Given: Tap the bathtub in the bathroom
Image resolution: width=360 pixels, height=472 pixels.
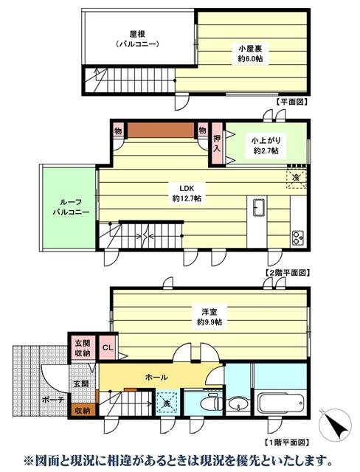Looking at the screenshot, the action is tap(280, 402).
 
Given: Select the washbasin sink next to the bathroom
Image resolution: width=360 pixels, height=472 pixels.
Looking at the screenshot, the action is tap(238, 403).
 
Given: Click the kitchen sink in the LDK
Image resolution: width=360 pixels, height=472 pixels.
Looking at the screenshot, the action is tap(259, 207).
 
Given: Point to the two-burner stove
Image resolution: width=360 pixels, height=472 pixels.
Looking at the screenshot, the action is tap(298, 237).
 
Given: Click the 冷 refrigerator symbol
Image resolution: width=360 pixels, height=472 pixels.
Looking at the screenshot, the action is tap(297, 178).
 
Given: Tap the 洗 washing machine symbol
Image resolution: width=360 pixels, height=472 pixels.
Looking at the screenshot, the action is tap(167, 403).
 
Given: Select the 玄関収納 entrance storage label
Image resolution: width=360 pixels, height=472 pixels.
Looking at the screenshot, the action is tap(83, 348).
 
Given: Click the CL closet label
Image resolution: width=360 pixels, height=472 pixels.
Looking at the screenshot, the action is tap(108, 347).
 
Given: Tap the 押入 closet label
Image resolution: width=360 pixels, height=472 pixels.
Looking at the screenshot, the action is tap(217, 143).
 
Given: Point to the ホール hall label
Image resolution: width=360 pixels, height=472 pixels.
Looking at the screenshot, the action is tap(156, 377).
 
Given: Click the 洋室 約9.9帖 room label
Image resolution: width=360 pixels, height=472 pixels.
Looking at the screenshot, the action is tap(210, 316).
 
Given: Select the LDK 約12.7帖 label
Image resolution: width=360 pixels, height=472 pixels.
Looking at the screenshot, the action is tap(187, 193).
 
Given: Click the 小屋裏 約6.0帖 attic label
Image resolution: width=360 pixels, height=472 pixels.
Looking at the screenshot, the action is tap(250, 54).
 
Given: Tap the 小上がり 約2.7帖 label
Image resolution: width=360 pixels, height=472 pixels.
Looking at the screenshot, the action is tap(266, 145).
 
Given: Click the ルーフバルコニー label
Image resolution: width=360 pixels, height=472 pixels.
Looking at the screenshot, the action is tap(71, 206).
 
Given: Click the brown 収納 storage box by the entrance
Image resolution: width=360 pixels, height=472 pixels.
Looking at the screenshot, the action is tap(83, 410).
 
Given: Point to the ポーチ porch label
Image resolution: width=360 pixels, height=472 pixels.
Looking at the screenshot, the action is tap(53, 400).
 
